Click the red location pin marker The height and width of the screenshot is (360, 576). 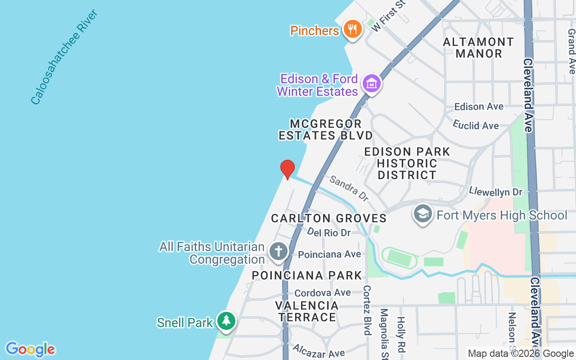point(287,169)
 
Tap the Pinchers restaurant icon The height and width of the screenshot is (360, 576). point(353,30)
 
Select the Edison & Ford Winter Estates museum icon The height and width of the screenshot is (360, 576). point(372,84)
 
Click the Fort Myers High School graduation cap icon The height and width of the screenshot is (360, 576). point(423,215)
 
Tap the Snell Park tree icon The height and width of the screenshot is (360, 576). point(226,321)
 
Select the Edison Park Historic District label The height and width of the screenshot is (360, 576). point(407,163)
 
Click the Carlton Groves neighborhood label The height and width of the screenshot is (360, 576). point(328,219)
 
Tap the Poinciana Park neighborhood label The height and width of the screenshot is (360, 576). point(307,275)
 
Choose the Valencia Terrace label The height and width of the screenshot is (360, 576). point(307,311)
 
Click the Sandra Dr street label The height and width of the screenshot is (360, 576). point(349,188)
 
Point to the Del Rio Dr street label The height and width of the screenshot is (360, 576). point(329,233)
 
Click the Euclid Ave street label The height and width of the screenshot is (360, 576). point(476,125)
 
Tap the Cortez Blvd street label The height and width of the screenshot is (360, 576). point(367,310)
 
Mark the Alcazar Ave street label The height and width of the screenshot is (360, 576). point(319,350)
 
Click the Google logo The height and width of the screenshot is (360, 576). point(30,349)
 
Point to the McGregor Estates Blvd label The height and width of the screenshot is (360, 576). point(326,130)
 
